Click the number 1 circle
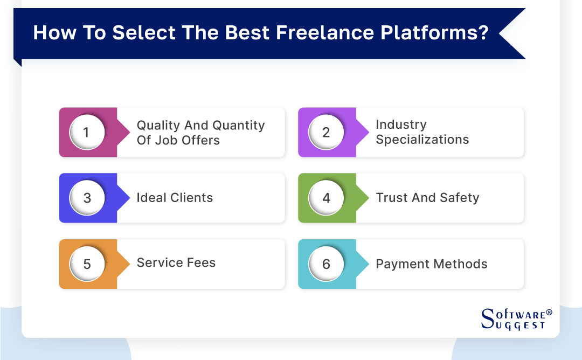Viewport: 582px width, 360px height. click(87, 132)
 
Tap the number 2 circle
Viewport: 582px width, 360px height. click(326, 132)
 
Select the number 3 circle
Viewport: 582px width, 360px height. click(87, 198)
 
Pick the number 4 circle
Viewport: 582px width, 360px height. click(326, 198)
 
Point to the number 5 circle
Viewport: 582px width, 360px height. click(87, 264)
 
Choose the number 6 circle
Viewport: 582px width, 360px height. click(326, 264)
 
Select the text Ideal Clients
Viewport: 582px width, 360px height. click(175, 198)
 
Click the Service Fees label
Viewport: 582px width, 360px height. click(176, 263)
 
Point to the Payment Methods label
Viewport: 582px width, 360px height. click(431, 264)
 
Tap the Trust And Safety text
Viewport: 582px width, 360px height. click(427, 198)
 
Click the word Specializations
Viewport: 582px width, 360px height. click(422, 140)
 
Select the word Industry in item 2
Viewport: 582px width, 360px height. click(401, 124)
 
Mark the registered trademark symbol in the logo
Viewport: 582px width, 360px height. click(549, 313)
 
